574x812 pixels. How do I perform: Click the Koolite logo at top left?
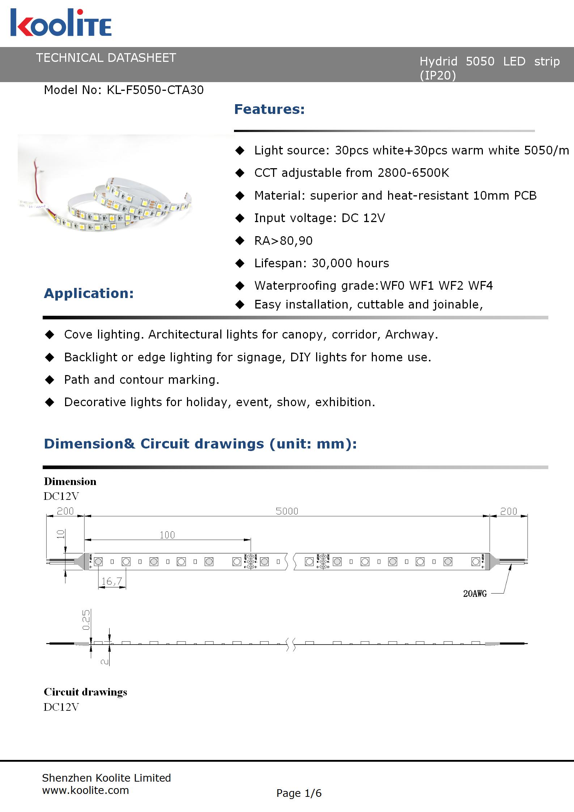click(61, 23)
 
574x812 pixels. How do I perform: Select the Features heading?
click(269, 109)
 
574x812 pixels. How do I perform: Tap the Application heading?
click(89, 293)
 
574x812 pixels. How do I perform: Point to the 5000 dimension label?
click(287, 511)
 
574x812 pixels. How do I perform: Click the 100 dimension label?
click(167, 535)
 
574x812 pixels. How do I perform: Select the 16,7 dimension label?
click(112, 581)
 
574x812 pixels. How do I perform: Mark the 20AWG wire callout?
click(475, 594)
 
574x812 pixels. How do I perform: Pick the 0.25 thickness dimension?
click(86, 620)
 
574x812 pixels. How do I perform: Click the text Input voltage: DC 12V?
click(319, 218)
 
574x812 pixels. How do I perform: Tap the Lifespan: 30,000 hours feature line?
click(322, 263)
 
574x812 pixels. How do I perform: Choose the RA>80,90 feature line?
click(283, 241)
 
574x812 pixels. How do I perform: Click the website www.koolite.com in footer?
click(85, 790)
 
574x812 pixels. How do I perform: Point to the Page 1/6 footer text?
click(299, 793)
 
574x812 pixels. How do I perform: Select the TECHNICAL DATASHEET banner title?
click(106, 58)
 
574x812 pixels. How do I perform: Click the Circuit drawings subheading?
click(85, 692)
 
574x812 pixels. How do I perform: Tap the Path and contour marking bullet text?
click(141, 380)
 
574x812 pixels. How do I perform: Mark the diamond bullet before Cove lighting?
click(50, 335)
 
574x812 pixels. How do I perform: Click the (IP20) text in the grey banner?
click(438, 75)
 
